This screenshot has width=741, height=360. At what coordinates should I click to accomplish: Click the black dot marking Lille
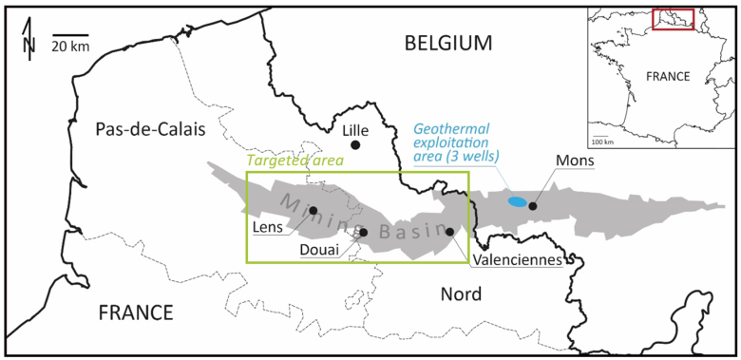354,144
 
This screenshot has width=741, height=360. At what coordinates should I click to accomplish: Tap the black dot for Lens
313,210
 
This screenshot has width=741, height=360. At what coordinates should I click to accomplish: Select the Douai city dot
364,232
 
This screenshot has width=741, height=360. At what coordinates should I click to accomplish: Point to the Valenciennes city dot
449,231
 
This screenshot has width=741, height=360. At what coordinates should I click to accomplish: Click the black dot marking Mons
533,205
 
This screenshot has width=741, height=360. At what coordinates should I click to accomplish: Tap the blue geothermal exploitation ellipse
517,201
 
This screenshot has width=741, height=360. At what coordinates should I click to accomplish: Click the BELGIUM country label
448,43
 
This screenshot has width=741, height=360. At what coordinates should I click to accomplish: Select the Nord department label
460,294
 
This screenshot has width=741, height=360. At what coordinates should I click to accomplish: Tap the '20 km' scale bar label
70,46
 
